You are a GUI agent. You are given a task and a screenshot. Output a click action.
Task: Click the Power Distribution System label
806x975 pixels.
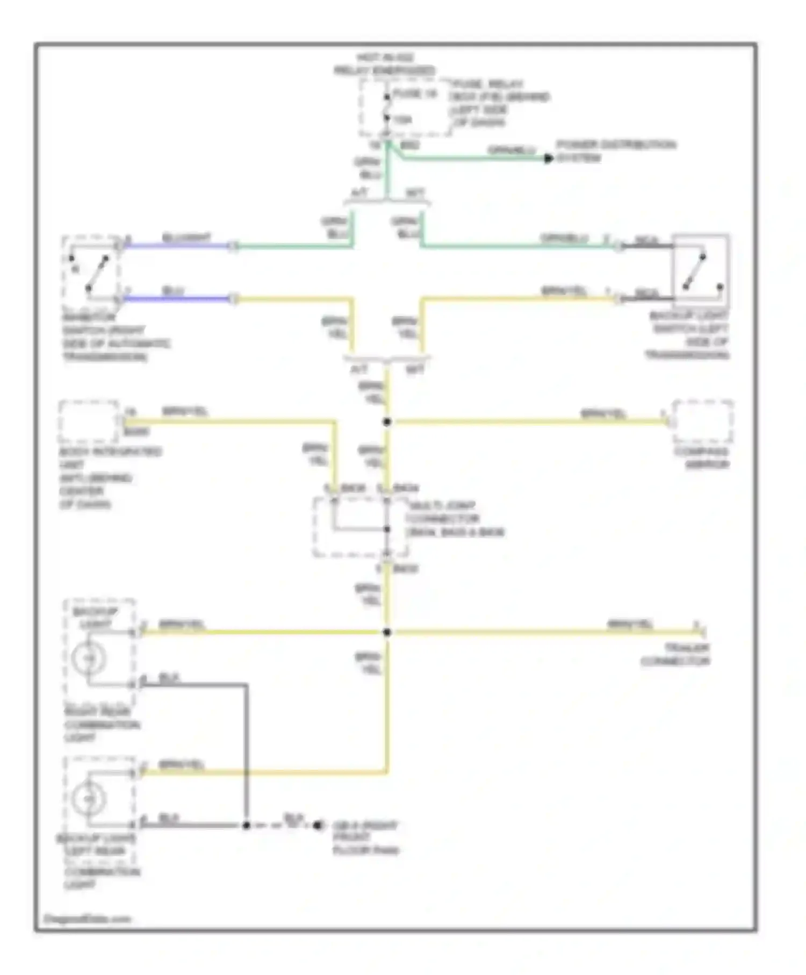tap(615, 151)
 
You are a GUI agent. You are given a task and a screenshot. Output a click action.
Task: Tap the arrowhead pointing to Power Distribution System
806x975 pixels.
tap(548, 159)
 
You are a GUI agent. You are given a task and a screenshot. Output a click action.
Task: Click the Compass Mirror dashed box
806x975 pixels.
tap(702, 421)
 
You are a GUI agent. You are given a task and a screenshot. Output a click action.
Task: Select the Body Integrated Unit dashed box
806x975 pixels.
tap(89, 421)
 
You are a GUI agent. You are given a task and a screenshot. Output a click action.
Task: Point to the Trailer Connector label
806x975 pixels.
tap(675, 654)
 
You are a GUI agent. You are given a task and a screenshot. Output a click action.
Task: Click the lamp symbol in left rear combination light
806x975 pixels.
tap(89, 799)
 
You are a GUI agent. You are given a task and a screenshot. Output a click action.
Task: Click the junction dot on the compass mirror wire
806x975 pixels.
tap(387, 422)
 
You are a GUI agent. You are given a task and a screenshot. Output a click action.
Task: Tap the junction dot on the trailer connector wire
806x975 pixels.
tap(387, 632)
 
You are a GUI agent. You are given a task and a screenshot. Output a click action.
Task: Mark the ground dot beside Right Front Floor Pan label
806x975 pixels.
tap(318, 825)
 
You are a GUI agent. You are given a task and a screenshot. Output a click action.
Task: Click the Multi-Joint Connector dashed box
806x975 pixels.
tap(360, 527)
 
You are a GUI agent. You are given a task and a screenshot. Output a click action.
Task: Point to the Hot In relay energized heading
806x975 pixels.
tap(385, 64)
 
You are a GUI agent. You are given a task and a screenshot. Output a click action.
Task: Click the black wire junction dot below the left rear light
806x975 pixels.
tap(246, 825)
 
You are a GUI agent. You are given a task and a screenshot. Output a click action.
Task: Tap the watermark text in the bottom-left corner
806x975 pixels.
tap(88, 919)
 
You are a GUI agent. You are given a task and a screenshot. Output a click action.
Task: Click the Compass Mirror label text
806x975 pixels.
tap(702, 458)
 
